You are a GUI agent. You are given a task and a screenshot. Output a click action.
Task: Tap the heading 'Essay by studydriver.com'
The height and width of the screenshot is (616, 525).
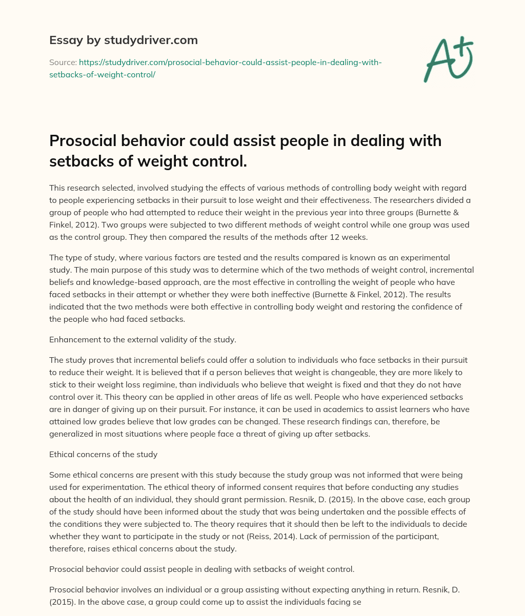pyautogui.click(x=123, y=40)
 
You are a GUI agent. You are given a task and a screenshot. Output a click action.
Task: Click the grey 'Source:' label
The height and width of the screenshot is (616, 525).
pyautogui.click(x=63, y=62)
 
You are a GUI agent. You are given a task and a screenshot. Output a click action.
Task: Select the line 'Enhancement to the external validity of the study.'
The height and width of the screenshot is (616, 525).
pyautogui.click(x=142, y=339)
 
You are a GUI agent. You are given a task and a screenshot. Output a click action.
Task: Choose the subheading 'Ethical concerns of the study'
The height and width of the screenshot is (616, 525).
pyautogui.click(x=104, y=454)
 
